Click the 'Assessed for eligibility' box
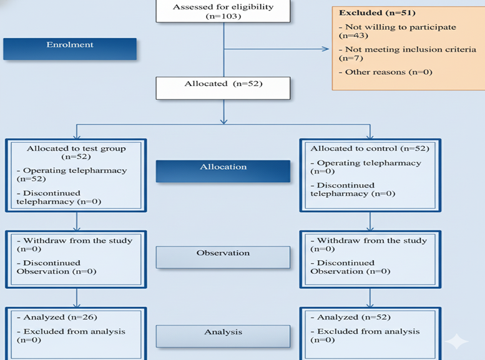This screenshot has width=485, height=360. coord(223,11)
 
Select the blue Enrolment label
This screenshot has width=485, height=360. coord(70,49)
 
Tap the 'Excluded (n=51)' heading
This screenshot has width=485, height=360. coord(377,12)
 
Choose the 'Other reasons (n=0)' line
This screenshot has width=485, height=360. coord(385,72)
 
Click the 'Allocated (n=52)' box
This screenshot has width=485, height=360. coord(223,88)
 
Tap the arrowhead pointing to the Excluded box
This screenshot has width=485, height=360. coord(325,49)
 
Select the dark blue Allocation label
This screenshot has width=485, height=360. coord(223,171)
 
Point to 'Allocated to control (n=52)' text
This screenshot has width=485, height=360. coord(370,148)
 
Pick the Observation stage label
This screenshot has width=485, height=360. coord(223,257)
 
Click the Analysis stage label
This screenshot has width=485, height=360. coord(223,336)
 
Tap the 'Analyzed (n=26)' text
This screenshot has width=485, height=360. coord(57,318)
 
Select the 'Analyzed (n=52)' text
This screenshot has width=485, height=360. coord(351,318)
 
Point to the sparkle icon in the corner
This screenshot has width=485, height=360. coord(457,342)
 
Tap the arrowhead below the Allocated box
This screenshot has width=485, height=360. coord(224,121)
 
